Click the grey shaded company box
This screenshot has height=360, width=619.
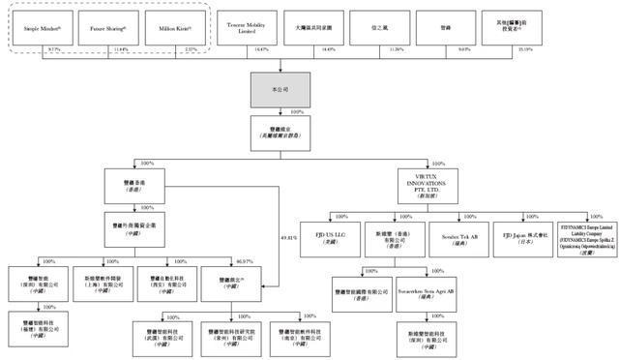280,89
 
